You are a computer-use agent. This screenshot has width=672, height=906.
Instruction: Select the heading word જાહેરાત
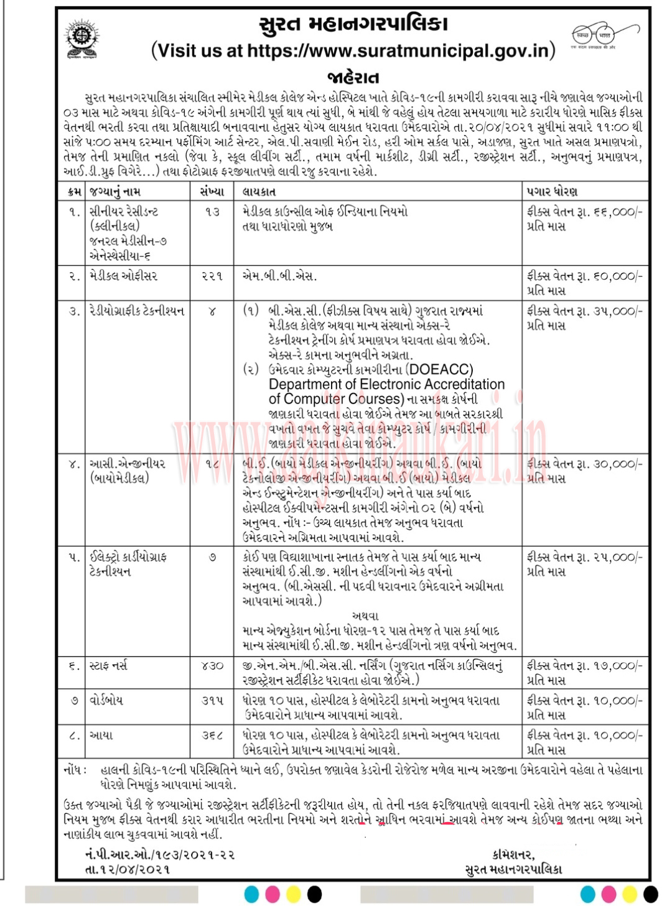(353, 77)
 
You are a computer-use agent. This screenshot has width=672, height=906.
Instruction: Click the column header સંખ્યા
(212, 192)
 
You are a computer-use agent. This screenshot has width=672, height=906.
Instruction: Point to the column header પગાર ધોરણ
(553, 192)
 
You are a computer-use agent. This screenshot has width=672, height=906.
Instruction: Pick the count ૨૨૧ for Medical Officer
(212, 275)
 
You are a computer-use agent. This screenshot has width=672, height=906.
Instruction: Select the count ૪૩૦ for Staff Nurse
(212, 666)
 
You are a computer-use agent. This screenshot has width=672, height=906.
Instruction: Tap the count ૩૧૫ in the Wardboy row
(212, 701)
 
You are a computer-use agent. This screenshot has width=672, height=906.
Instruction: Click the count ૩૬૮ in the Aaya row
(212, 736)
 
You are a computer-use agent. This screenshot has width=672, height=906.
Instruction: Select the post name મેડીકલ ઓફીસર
(123, 275)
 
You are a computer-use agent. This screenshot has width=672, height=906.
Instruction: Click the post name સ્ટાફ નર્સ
(109, 666)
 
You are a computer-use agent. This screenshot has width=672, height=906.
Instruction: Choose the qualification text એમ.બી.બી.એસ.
(279, 275)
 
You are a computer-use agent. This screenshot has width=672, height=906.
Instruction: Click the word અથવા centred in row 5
(365, 616)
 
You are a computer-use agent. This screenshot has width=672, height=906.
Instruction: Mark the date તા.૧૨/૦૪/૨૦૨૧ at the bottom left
(128, 869)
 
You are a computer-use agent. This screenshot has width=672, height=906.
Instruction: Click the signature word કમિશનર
(513, 854)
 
